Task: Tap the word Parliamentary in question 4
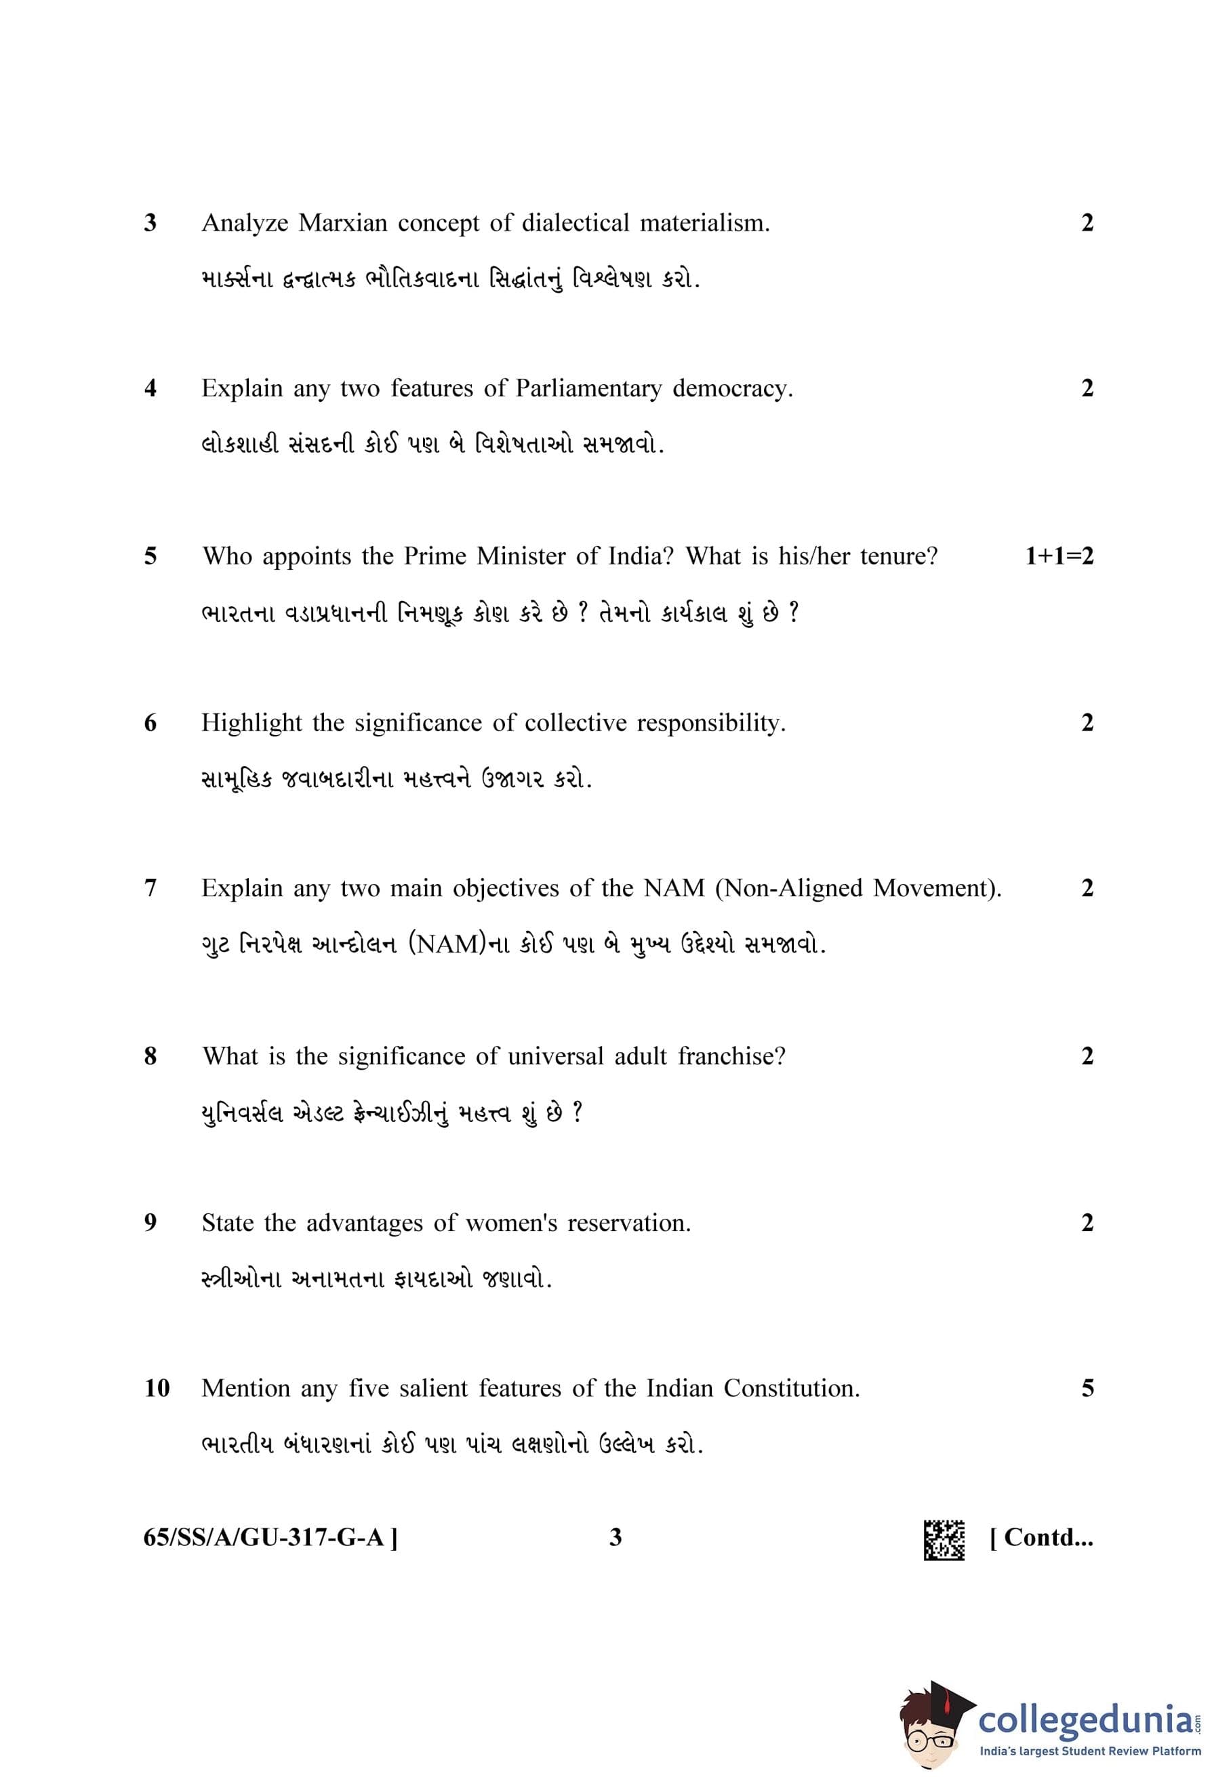[x=588, y=388]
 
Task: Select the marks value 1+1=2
[x=1059, y=556]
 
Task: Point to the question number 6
[x=150, y=723]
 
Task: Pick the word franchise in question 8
[x=731, y=1056]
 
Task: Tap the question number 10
[x=157, y=1388]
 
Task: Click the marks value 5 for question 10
[x=1087, y=1388]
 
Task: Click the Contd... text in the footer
[x=1041, y=1537]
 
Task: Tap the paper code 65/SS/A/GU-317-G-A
[x=269, y=1537]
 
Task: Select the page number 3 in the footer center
[x=615, y=1537]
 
